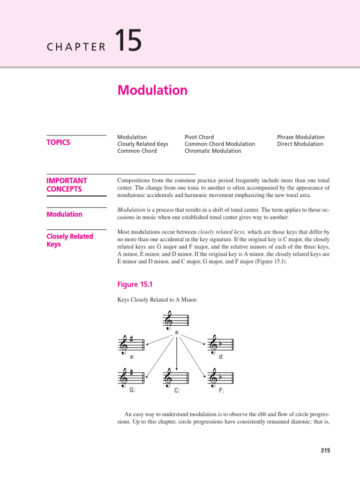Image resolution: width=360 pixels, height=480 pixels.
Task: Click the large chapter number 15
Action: point(127,40)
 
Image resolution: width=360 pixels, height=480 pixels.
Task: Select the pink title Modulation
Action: point(152,90)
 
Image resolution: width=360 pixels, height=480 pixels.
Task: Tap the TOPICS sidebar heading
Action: point(59,142)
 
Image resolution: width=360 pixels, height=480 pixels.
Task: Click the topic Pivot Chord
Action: point(199,137)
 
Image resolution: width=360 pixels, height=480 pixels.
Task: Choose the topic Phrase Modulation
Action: point(300,137)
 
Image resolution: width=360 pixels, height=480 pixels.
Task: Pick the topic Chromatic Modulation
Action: point(213,151)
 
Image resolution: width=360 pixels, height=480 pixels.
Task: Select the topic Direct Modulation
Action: point(300,144)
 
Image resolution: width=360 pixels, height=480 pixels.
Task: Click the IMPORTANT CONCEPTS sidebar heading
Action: point(67,185)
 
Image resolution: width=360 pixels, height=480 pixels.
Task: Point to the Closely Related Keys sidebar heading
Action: point(70,240)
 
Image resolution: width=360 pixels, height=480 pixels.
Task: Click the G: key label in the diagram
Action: point(132,390)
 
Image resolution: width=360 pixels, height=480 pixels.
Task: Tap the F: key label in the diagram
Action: point(221,390)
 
